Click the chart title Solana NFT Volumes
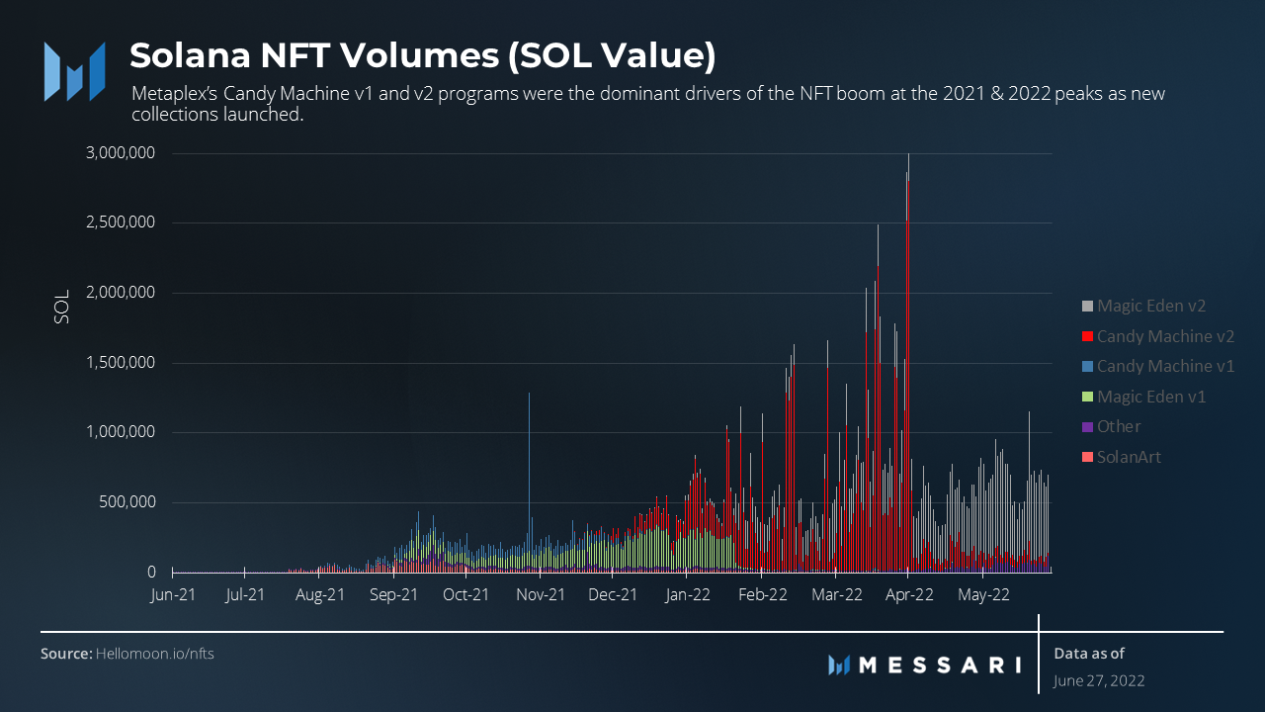click(422, 56)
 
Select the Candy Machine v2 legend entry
click(1164, 336)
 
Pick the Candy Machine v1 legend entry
click(1164, 366)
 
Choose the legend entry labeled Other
click(1118, 426)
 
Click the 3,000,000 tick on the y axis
click(120, 153)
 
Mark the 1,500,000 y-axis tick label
click(120, 363)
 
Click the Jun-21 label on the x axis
click(172, 595)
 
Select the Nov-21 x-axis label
click(541, 595)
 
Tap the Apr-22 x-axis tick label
click(909, 595)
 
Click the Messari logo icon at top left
click(75, 71)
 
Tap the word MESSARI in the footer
click(939, 665)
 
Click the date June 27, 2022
click(1099, 680)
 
